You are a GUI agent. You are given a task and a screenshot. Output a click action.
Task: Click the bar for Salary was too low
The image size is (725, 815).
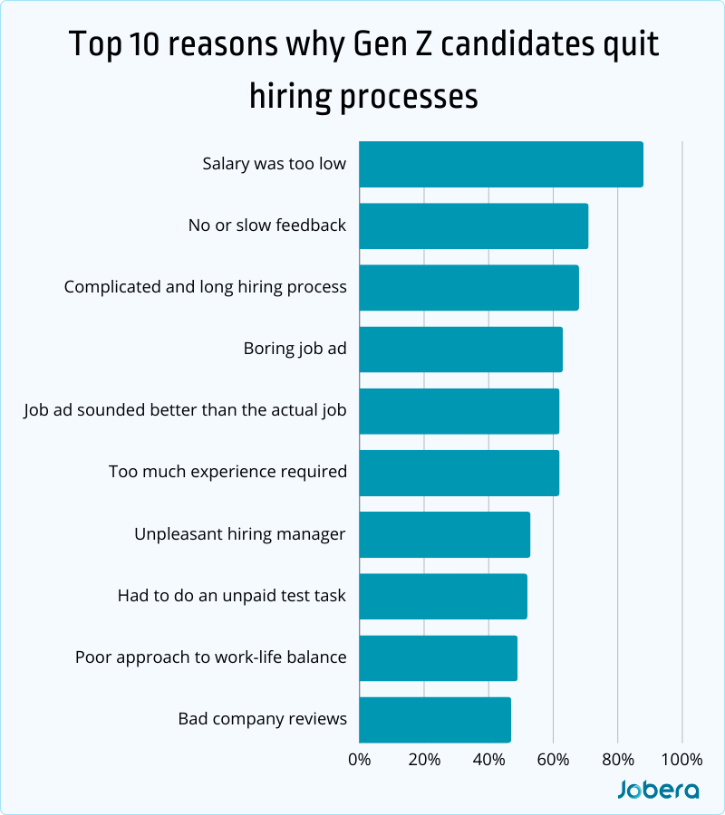(x=500, y=165)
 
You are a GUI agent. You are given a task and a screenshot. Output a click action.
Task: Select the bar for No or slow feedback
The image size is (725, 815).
(x=473, y=226)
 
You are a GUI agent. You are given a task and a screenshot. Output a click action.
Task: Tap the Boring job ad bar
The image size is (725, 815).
(x=460, y=350)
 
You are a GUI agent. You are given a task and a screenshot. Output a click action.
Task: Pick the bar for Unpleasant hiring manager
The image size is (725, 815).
(x=444, y=534)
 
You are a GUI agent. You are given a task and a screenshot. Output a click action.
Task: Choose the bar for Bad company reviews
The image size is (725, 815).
(x=435, y=719)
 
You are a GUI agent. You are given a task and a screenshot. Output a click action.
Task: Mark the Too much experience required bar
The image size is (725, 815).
(x=459, y=473)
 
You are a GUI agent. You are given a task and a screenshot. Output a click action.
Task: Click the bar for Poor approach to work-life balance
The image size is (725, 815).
(x=438, y=657)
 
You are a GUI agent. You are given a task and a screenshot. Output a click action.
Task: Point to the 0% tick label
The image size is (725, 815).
(x=360, y=759)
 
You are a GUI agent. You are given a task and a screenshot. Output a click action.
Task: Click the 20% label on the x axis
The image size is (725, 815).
(x=424, y=759)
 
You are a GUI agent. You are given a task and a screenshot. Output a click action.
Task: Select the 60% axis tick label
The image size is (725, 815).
(x=553, y=759)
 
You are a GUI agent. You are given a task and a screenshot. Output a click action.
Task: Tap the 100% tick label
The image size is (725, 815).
(x=681, y=759)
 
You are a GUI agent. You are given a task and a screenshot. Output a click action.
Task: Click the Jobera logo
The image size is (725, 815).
(x=658, y=790)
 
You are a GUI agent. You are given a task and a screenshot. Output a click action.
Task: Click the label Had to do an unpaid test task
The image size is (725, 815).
(x=232, y=596)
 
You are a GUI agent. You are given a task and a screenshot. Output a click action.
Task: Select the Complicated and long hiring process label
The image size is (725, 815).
(x=206, y=287)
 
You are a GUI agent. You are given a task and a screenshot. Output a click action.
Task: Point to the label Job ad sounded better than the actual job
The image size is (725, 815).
(x=185, y=410)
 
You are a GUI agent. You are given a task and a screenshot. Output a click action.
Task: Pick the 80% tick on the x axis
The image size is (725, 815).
(x=617, y=759)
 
